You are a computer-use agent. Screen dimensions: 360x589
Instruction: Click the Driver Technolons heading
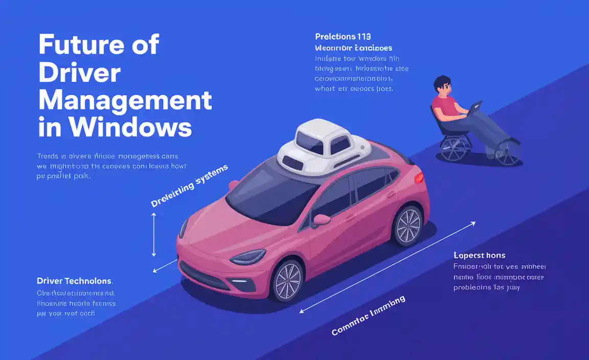75,281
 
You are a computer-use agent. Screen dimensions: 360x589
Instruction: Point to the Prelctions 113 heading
343,37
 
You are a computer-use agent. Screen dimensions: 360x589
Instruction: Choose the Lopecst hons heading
479,255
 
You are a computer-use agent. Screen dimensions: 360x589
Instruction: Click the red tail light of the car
419,177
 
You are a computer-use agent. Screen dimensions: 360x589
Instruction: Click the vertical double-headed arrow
153,235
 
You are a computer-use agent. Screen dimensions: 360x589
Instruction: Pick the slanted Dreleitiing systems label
189,186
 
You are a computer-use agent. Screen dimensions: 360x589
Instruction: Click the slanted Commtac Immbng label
368,316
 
